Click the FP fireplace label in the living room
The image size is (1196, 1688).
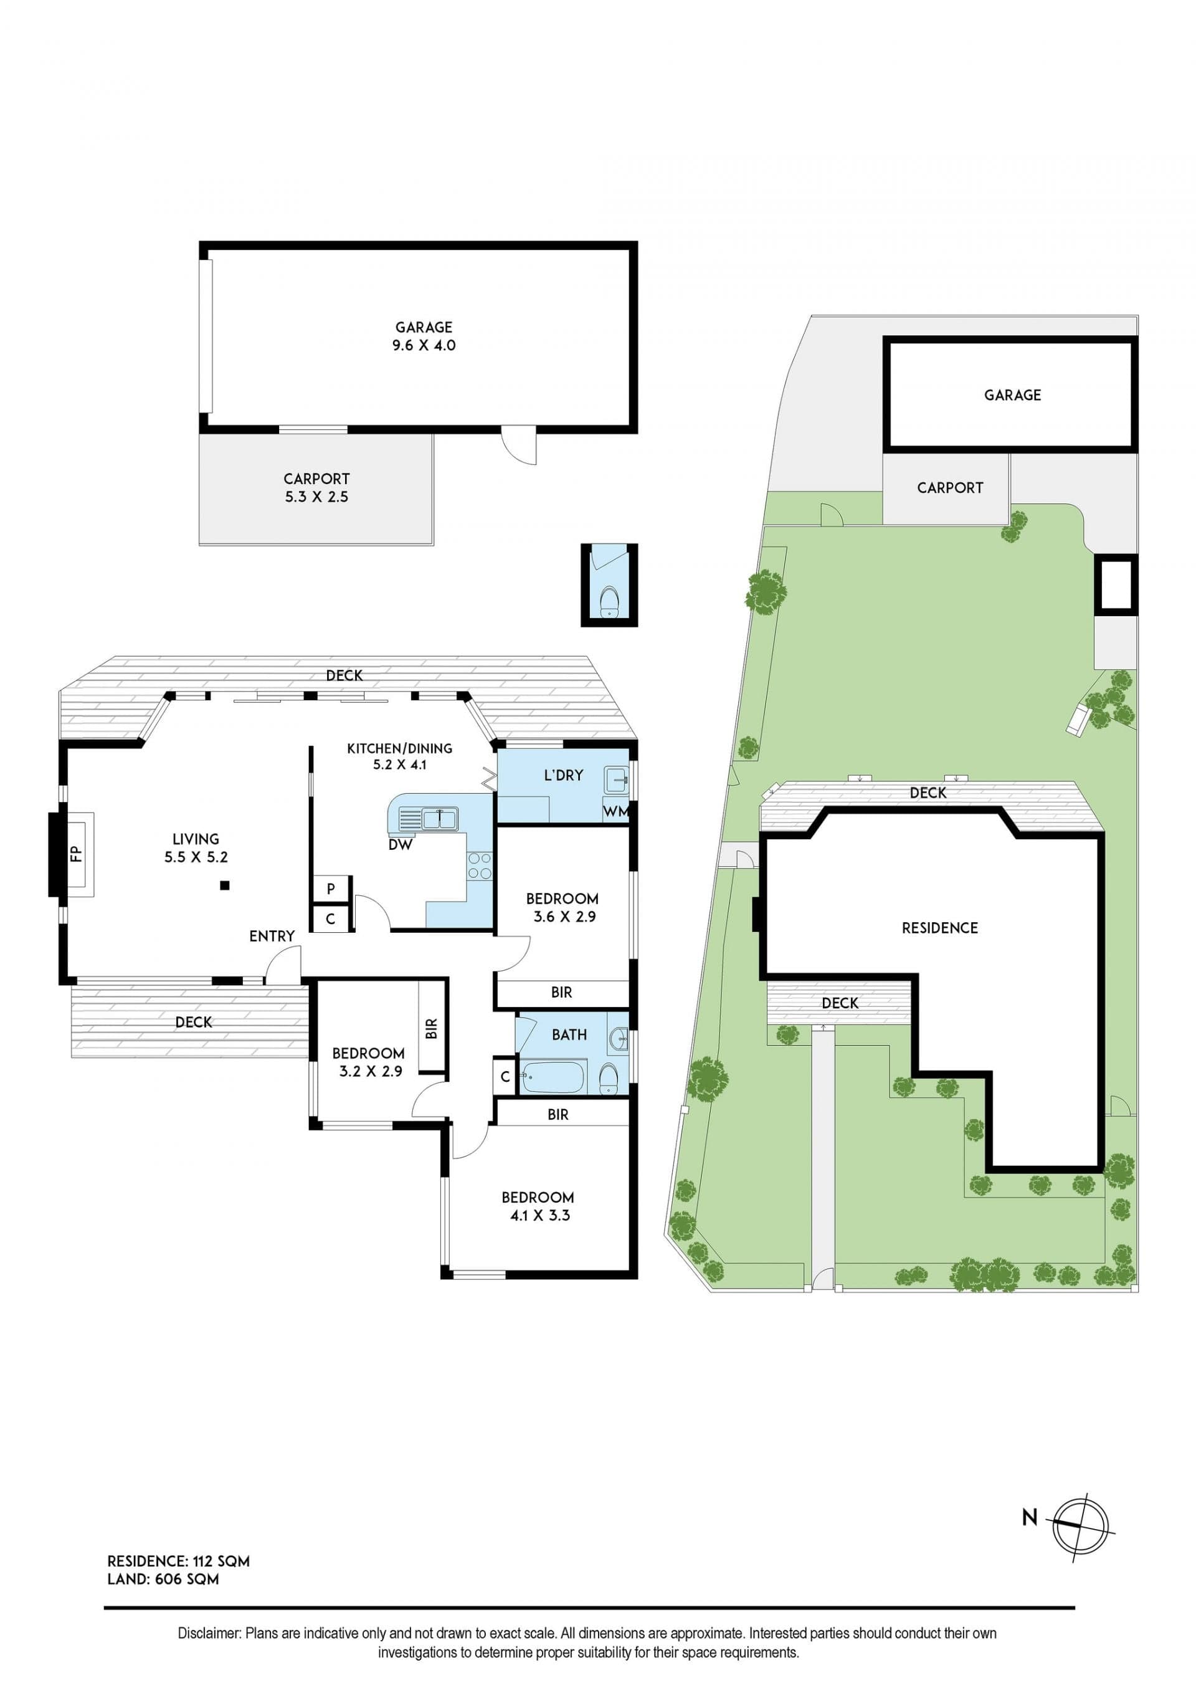coord(77,854)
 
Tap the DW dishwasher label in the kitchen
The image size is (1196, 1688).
coord(400,845)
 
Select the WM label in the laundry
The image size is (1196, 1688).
coord(615,811)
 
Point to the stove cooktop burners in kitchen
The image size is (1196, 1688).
coord(480,865)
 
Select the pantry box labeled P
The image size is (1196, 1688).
coord(331,889)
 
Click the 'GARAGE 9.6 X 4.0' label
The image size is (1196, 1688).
coord(424,336)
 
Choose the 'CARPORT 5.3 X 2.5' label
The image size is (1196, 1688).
coord(316,487)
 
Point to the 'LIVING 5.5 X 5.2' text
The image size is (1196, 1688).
coord(196,847)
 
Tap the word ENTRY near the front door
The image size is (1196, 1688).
coord(272,936)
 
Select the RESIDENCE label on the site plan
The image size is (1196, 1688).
coord(940,928)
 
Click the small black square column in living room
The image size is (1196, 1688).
coord(225,886)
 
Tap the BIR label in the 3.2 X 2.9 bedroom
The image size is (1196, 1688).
coord(432,1028)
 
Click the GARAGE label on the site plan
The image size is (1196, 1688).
coord(1013,395)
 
